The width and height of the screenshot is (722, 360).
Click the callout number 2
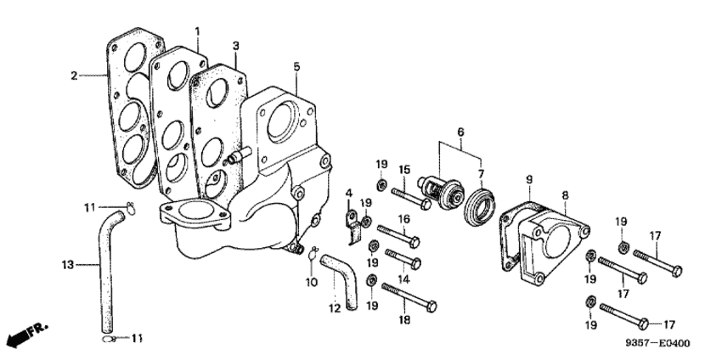click(x=74, y=76)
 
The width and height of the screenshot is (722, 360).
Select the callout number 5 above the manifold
click(x=296, y=67)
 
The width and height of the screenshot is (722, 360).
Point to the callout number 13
click(x=67, y=265)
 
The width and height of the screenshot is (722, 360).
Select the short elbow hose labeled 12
click(x=340, y=281)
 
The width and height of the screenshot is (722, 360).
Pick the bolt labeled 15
click(x=411, y=198)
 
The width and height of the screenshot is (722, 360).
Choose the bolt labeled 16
click(x=398, y=234)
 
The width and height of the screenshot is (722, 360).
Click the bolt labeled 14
click(x=403, y=259)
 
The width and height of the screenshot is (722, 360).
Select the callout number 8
click(x=565, y=195)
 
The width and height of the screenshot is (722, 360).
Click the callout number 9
click(x=528, y=179)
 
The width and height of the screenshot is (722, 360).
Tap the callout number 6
click(x=460, y=132)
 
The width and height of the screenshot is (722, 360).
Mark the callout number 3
click(x=236, y=46)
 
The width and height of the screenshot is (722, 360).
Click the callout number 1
click(x=198, y=31)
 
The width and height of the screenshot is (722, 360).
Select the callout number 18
click(x=404, y=320)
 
